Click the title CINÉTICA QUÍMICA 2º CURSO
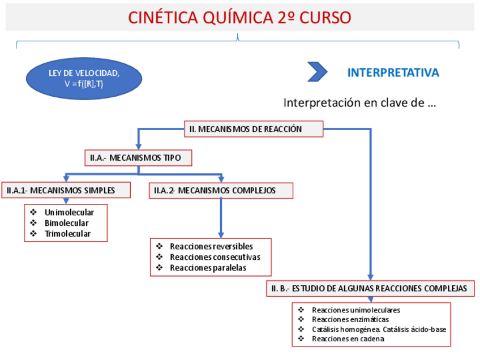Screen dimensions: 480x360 coord(239,18)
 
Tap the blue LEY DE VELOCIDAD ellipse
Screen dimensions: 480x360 coord(84,78)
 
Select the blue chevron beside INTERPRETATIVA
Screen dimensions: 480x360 coord(317,72)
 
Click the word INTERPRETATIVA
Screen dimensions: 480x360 coord(393,72)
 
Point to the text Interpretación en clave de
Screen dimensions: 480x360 coord(359,103)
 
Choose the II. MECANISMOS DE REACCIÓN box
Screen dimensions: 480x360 coord(254,129)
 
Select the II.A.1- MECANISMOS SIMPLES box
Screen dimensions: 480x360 coord(66,190)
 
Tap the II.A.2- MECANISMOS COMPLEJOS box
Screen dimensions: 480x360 coord(221,191)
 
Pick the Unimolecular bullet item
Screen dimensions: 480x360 coord(69,212)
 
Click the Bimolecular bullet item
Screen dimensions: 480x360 coord(66,223)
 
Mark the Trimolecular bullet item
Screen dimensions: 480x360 coord(67,233)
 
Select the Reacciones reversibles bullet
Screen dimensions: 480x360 coord(211,246)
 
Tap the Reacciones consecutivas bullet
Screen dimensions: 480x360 coord(215,257)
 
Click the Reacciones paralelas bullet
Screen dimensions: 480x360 coord(208,268)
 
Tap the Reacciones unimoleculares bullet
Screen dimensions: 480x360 coord(355,310)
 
